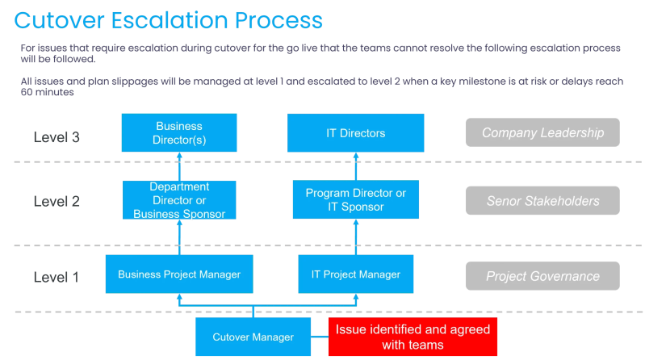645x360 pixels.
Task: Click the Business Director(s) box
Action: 179,132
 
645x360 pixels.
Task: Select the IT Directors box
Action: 356,132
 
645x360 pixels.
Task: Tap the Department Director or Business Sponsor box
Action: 179,200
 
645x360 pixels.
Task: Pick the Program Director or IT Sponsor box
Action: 356,200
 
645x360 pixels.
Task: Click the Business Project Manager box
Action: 179,274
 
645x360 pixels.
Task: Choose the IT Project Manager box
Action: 356,274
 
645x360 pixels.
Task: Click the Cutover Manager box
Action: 253,337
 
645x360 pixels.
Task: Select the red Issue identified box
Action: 413,337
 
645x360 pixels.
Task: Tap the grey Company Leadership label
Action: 542,132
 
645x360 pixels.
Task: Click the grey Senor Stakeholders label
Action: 542,201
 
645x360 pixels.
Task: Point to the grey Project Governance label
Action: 542,276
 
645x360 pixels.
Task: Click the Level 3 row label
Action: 57,137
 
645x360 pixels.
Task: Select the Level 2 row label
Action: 57,202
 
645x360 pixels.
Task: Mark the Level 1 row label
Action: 57,278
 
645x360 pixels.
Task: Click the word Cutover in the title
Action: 61,20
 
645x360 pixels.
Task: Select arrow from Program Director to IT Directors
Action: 356,166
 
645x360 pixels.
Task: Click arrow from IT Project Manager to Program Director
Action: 356,237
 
